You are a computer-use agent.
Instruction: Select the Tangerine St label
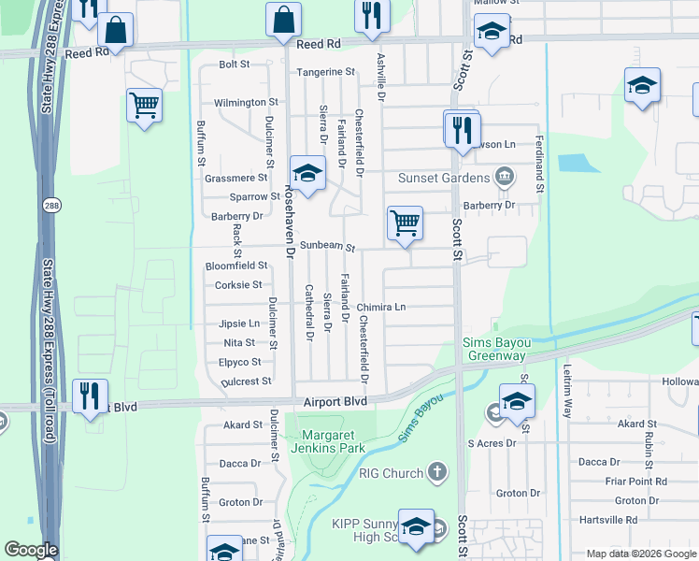point(326,72)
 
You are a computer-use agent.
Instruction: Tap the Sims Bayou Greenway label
point(494,349)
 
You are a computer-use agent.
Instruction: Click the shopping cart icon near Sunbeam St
point(405,223)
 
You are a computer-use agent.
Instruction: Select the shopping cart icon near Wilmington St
point(144,106)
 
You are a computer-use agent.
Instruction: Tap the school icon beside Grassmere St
point(307,173)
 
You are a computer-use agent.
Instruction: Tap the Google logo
point(31,550)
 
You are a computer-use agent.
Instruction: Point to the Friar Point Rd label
point(634,482)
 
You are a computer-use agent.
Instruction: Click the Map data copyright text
point(640,554)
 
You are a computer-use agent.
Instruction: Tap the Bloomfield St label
point(235,266)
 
